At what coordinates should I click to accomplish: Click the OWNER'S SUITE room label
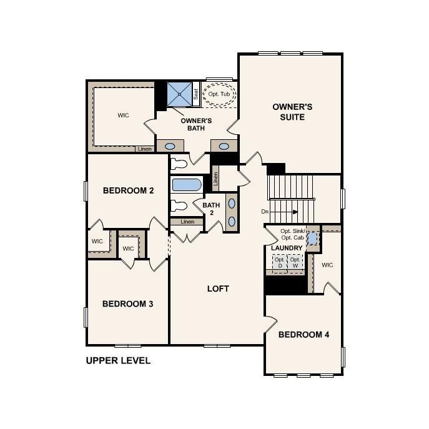tap(292, 112)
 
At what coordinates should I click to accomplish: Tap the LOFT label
tap(218, 288)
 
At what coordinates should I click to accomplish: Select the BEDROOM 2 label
tap(128, 190)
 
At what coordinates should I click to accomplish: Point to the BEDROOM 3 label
tap(128, 304)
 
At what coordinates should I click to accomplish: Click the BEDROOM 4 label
tap(303, 335)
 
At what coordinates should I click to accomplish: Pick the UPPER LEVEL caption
tap(118, 361)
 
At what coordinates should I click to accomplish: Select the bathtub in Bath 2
tap(186, 185)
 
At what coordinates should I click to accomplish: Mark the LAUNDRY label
tap(287, 248)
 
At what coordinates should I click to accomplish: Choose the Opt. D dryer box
tap(280, 262)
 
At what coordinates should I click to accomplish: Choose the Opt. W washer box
tap(295, 262)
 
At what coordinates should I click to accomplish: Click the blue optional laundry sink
tap(313, 239)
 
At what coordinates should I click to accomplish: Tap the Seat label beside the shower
tap(196, 95)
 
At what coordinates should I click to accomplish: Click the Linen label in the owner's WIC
tap(145, 149)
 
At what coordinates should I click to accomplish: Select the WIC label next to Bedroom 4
tap(327, 265)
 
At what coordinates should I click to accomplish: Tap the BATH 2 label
tap(211, 209)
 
